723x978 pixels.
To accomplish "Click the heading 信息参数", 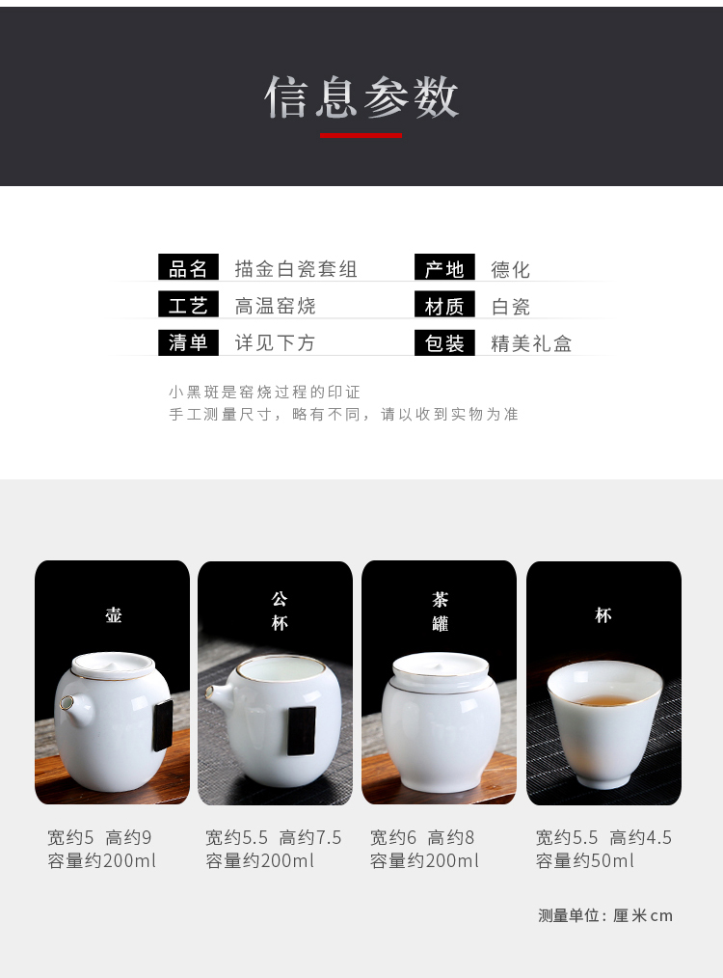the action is click(361, 97).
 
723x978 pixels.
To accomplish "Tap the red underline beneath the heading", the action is click(361, 135).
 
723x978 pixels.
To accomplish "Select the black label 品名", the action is click(188, 268).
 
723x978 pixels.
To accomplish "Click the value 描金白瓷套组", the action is click(295, 269).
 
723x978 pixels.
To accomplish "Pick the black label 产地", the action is click(444, 268).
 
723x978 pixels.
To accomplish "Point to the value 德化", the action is click(511, 269).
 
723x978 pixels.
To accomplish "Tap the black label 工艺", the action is click(188, 305).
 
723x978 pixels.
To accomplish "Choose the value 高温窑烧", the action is click(275, 306).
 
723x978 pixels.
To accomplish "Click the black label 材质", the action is click(444, 306).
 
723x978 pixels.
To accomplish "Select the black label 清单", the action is click(188, 341).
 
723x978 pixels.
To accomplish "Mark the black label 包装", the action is click(444, 342).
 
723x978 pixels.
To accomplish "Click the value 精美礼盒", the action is click(531, 343).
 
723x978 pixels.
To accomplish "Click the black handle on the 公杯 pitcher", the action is click(301, 730).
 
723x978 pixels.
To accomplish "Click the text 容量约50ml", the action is click(584, 860).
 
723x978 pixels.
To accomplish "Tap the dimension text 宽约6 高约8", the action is click(422, 837).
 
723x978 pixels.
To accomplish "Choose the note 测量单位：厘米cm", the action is click(605, 915).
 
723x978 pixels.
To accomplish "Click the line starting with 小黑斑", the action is click(264, 392).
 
